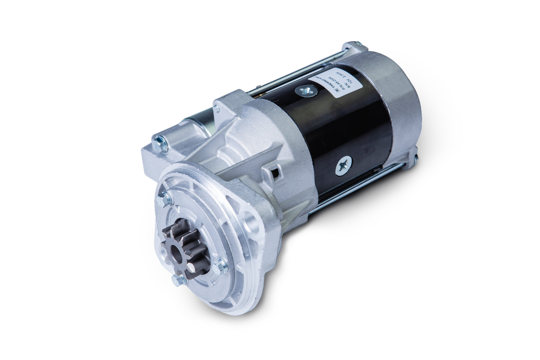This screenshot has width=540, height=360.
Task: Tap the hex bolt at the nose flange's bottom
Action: [180, 280]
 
